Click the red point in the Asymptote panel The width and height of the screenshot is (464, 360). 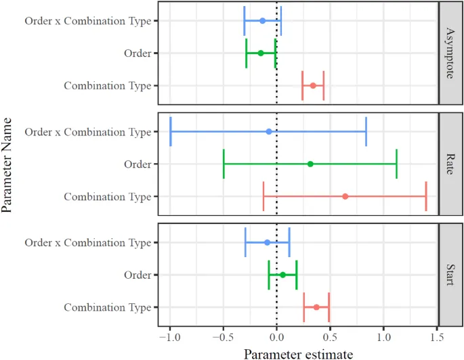coord(313,85)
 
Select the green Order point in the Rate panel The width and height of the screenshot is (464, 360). coord(310,164)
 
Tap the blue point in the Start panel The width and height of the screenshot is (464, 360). coord(267,242)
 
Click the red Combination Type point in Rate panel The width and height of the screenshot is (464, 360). coord(345,196)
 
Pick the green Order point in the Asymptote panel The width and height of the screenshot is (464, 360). coord(260,53)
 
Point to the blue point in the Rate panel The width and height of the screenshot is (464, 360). coord(269,131)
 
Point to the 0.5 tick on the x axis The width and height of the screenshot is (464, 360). coord(331,336)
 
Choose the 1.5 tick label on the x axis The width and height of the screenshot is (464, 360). coord(438,336)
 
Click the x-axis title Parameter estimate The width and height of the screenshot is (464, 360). coord(298,353)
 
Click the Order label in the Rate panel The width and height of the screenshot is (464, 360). coord(138,164)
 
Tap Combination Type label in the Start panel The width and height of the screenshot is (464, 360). coord(107,307)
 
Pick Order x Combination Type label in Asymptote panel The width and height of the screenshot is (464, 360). coord(87,20)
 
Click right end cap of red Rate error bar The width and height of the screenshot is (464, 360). coord(426,196)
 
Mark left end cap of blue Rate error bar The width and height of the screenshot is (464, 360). coord(171,131)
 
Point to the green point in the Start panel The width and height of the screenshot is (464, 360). coord(282,275)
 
